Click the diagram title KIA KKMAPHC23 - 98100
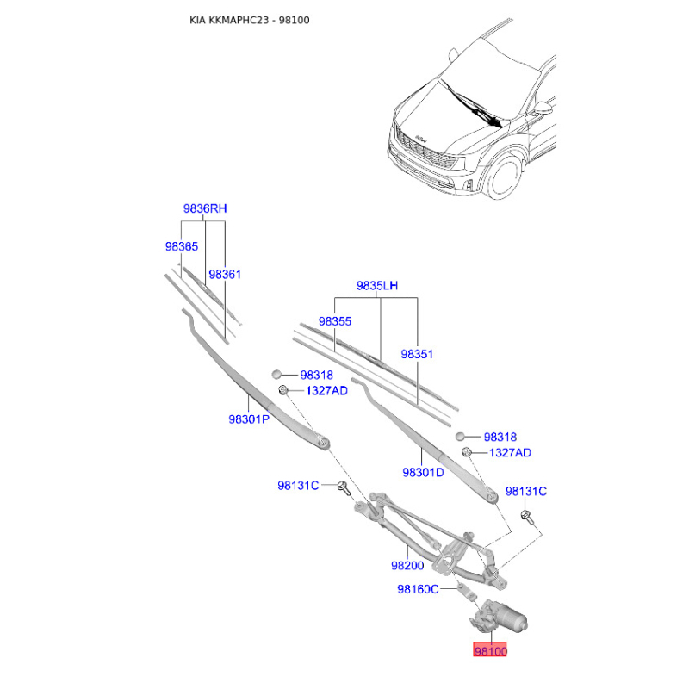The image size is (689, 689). (x=249, y=20)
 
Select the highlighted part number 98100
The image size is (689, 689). (x=490, y=650)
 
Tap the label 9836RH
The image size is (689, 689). (x=205, y=208)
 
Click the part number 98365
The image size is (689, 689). (x=182, y=246)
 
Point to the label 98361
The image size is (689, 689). (x=225, y=274)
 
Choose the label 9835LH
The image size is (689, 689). (x=377, y=286)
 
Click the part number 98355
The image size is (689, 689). (x=335, y=321)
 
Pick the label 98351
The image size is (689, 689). (x=417, y=354)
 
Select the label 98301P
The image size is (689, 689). (x=249, y=419)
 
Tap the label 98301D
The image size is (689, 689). (x=423, y=472)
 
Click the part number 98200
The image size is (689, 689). (x=407, y=565)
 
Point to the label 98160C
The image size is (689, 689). (x=418, y=589)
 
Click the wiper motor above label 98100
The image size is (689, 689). (x=499, y=618)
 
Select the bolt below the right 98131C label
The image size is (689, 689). (x=526, y=517)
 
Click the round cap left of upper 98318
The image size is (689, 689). (x=276, y=375)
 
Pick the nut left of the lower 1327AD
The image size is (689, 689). (x=467, y=451)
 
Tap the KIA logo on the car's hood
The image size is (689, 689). (x=421, y=139)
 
